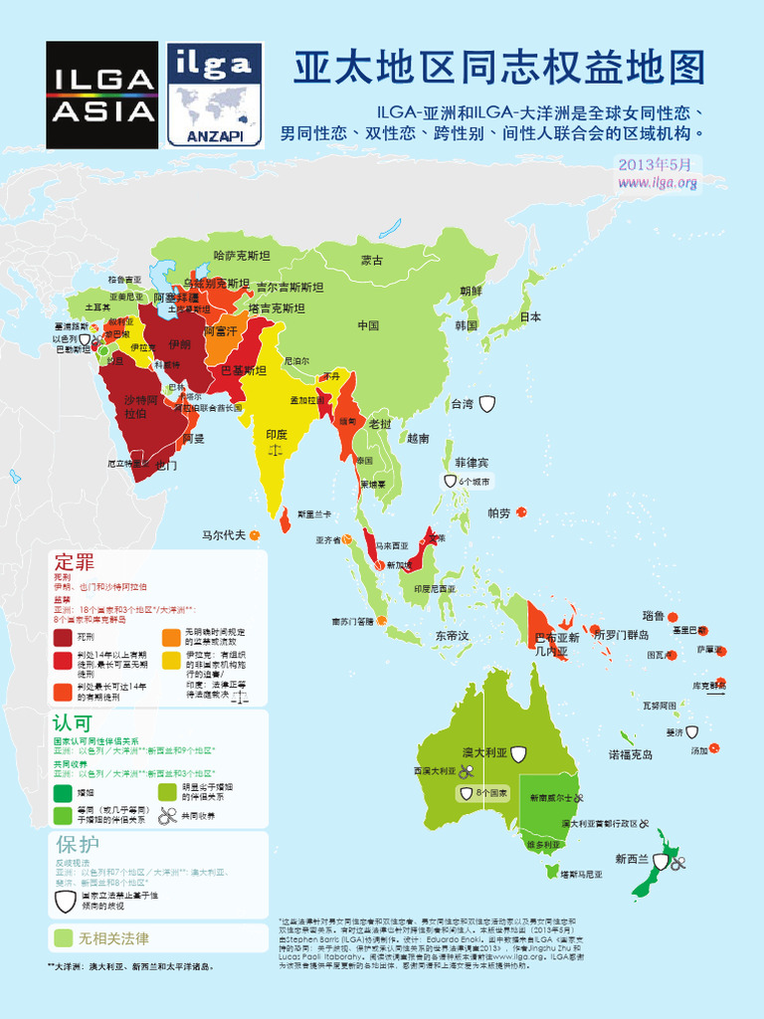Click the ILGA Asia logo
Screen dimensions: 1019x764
(x=102, y=95)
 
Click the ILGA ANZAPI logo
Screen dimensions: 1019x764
(x=214, y=95)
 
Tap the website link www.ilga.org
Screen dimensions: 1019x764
(x=657, y=182)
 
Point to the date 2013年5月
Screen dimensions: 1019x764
(x=654, y=164)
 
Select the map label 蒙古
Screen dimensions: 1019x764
(x=372, y=261)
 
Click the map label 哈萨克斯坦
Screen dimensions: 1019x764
(x=242, y=256)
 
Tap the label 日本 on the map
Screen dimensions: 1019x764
(x=530, y=317)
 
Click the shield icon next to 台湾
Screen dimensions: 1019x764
(x=487, y=403)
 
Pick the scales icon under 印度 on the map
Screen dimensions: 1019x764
(x=276, y=450)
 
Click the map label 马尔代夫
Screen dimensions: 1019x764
(x=223, y=534)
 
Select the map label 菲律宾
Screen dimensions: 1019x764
(x=473, y=463)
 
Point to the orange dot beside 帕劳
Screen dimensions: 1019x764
(x=521, y=512)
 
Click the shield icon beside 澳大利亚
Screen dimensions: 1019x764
(x=518, y=754)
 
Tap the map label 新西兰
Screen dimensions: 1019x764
(x=632, y=859)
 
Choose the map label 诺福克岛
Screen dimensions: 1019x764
(x=631, y=755)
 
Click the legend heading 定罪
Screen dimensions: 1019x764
(x=75, y=560)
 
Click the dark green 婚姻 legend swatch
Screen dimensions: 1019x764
(x=64, y=793)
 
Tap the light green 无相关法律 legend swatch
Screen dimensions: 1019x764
(x=64, y=938)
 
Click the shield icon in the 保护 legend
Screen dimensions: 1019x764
(x=64, y=902)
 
